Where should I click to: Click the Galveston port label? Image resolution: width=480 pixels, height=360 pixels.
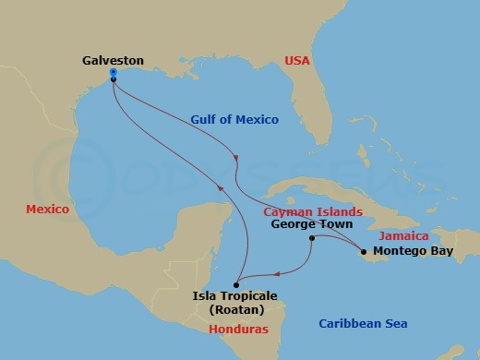[113, 60]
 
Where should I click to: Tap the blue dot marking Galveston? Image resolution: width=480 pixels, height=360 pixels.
[113, 71]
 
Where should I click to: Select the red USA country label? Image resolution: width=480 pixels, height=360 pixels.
[297, 60]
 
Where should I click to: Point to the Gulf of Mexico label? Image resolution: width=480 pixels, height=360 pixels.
[234, 120]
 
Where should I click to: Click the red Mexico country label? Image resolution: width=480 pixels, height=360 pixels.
[47, 210]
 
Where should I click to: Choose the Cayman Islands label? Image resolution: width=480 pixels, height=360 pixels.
[313, 211]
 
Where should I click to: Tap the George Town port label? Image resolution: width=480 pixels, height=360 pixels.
[313, 223]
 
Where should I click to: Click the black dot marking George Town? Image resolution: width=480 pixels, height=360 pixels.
[312, 238]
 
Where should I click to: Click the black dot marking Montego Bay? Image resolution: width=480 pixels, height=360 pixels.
[364, 251]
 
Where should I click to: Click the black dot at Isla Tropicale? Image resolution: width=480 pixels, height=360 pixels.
[237, 283]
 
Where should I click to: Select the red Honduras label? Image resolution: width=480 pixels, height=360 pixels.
[238, 329]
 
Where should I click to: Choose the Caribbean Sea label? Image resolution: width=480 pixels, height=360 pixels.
[362, 323]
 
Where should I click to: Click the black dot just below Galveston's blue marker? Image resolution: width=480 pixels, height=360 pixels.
[113, 80]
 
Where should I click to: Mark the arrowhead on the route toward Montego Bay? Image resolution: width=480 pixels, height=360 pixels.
[237, 158]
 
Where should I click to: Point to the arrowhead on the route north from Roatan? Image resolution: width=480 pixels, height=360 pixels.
[219, 188]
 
